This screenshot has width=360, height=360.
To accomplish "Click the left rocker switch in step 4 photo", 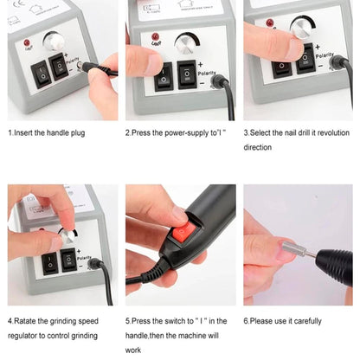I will [52, 261].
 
